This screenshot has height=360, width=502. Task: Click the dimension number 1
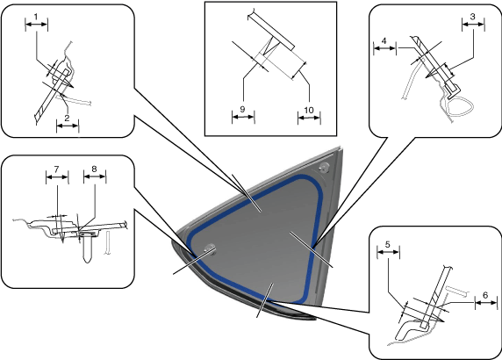[36, 17]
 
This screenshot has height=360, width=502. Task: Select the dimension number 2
[67, 118]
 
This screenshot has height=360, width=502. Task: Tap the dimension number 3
[473, 17]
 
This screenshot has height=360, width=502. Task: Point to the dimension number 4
[384, 40]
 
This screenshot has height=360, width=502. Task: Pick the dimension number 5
[388, 245]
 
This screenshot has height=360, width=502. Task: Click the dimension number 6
[485, 295]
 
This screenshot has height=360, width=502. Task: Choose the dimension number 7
[57, 169]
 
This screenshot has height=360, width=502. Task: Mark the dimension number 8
[94, 169]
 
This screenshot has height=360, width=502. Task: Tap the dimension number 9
[243, 109]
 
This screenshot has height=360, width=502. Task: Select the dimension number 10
[309, 110]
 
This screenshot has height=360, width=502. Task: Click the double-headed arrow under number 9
[243, 118]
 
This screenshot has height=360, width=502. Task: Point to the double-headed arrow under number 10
[309, 119]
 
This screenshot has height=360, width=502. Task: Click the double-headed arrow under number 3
[473, 25]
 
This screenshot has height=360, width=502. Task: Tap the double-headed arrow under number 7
[57, 176]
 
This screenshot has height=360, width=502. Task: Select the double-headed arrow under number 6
[486, 302]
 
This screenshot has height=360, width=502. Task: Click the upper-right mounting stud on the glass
[325, 167]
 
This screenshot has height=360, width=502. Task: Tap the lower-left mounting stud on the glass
[210, 248]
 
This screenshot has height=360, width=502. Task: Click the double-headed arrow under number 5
[388, 252]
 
